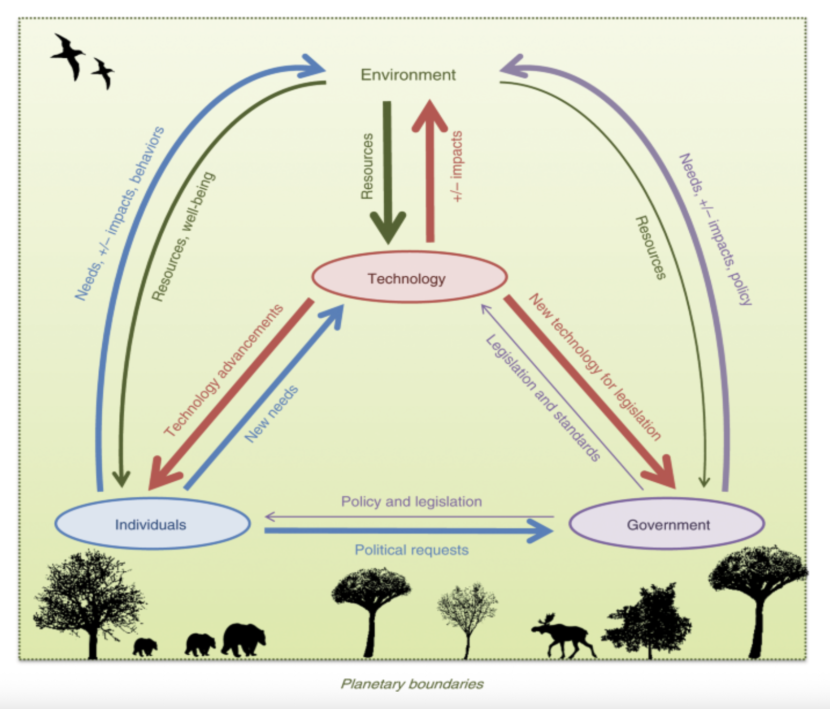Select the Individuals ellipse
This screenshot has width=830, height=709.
coord(152,524)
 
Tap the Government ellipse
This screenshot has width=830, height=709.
coord(667,524)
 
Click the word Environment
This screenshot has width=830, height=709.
coord(408,75)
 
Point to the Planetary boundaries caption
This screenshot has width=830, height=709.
coord(412,683)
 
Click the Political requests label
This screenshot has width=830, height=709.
coord(411,550)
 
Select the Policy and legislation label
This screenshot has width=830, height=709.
coord(411,501)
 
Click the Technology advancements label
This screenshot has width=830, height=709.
coord(223,370)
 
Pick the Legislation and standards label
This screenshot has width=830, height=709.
coord(543,398)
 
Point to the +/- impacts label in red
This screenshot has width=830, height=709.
coord(456,166)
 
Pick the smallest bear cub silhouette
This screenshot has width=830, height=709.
coord(145,647)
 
